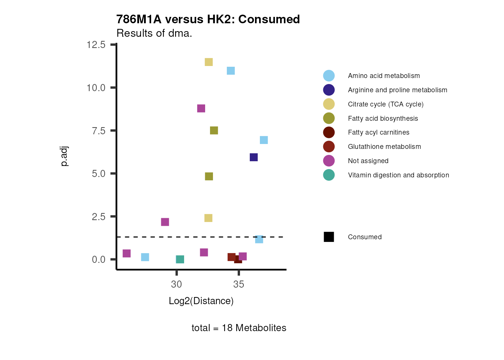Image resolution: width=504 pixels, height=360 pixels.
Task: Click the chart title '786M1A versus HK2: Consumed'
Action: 208,19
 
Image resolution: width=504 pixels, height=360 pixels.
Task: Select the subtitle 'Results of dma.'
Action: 154,33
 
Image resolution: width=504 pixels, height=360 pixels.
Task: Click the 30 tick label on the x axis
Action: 176,285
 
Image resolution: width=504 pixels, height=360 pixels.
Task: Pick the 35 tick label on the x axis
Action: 238,285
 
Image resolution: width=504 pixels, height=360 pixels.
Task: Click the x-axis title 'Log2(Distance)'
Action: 201,301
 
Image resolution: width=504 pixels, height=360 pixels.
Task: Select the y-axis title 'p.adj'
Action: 64,156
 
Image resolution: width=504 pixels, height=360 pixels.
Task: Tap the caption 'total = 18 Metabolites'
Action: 238,328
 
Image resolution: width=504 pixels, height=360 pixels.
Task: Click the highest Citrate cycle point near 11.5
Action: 209,62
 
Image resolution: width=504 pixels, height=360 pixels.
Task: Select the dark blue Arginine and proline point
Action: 254,157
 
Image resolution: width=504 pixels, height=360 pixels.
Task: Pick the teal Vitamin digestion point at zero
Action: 180,259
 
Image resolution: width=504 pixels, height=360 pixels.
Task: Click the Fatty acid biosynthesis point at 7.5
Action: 214,130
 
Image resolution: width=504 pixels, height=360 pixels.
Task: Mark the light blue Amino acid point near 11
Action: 231,71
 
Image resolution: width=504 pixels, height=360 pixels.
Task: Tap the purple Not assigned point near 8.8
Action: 201,108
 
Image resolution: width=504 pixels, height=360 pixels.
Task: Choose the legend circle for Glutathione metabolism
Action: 329,147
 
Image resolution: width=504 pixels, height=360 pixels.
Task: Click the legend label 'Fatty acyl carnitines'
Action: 378,132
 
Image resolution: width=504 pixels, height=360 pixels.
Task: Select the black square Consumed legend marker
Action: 329,237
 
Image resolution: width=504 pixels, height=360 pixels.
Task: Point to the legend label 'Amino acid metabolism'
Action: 384,76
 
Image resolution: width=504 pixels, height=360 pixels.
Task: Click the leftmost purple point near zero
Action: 127,253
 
